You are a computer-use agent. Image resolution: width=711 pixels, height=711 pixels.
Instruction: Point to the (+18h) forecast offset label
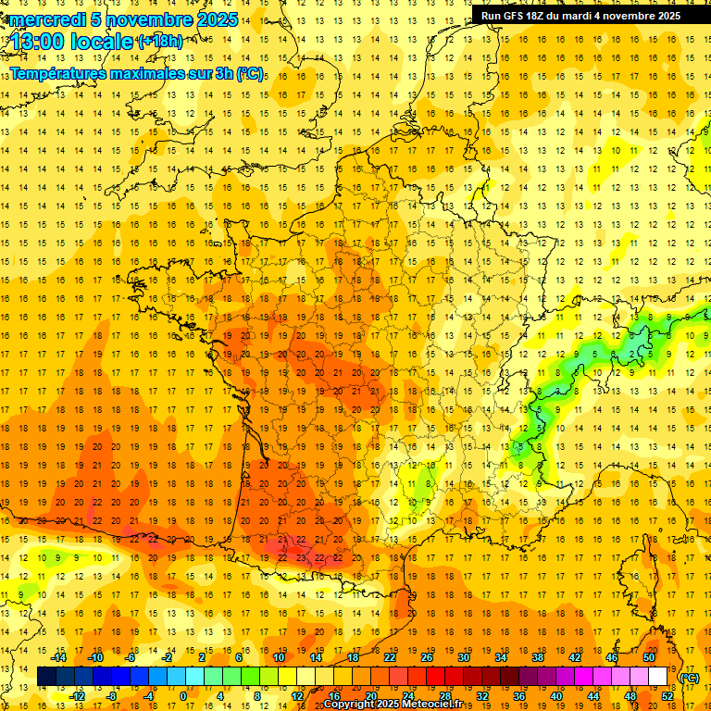[x=159, y=41]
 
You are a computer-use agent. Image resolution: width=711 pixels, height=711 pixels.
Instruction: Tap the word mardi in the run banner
[x=592, y=16]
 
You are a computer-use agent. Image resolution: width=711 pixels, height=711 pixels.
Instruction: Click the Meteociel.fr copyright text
[x=393, y=705]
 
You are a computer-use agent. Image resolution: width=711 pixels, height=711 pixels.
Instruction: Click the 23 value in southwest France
[x=301, y=557]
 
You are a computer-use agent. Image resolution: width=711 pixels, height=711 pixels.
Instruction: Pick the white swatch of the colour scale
[x=657, y=677]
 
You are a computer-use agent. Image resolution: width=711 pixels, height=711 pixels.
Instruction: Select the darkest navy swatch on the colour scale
[x=46, y=677]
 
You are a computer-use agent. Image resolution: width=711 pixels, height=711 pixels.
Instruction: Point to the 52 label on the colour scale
[x=667, y=696]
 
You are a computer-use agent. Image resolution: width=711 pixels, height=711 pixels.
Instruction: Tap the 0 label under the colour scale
[x=183, y=696]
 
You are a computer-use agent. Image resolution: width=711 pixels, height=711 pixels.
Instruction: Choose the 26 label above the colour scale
[x=427, y=657]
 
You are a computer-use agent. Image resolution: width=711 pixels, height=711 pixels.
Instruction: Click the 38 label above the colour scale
[x=537, y=657]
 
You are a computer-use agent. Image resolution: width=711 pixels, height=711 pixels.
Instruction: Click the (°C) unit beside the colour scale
[x=689, y=678]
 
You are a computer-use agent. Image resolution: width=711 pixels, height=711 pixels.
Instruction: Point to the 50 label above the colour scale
[x=648, y=657]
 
